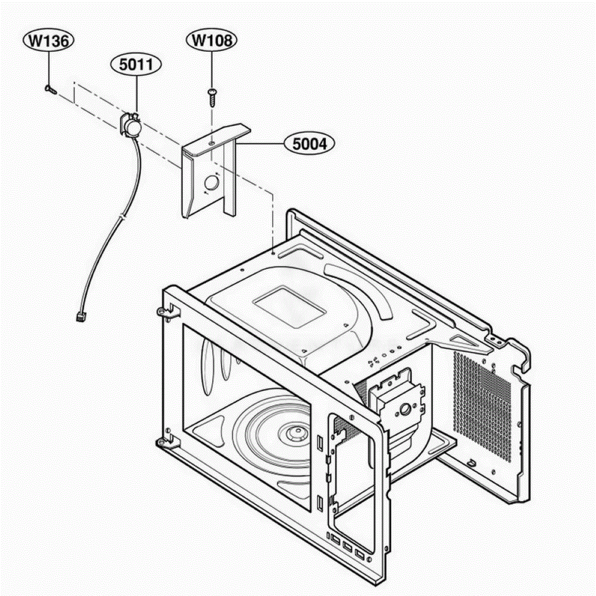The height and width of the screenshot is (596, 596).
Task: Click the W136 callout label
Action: [49, 41]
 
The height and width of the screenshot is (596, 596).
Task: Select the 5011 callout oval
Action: [136, 66]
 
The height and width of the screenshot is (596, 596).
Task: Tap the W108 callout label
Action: [212, 41]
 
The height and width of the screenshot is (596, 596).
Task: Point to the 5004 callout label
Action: [309, 144]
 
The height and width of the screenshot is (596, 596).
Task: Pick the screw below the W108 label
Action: [212, 97]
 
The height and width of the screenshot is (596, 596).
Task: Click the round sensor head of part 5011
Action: [134, 128]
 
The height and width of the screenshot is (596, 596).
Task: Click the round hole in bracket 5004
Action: [212, 183]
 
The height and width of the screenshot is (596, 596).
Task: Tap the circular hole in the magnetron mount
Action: [404, 410]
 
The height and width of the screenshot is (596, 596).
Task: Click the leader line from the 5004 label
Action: [260, 144]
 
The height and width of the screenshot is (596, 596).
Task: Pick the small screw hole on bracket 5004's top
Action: [211, 143]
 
